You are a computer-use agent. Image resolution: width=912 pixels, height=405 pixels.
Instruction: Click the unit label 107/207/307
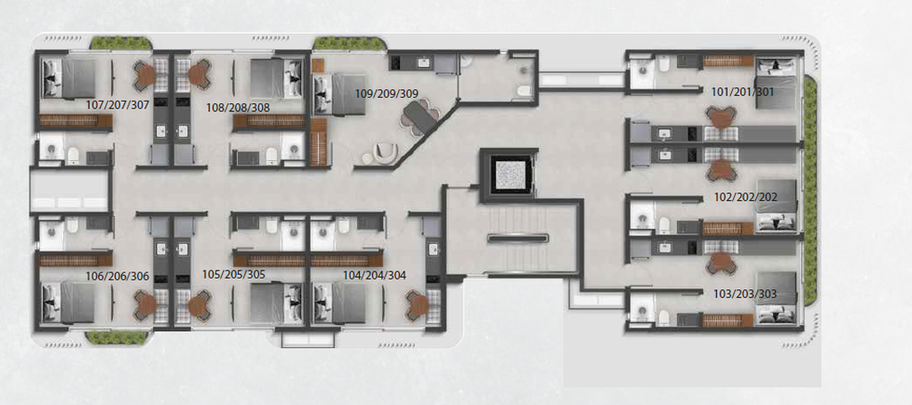coord(118,105)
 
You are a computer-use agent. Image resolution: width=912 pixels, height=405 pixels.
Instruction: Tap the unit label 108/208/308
coord(239,108)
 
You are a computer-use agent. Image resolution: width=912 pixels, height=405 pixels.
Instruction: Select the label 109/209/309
coord(387,93)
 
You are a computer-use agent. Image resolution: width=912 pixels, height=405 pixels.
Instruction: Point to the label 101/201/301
coord(744,92)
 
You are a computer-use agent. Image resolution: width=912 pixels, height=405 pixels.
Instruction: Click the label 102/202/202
coord(745,198)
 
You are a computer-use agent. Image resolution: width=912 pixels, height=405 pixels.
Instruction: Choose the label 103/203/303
coord(745,294)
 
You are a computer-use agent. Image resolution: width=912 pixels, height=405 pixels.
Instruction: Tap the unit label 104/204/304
coord(375,275)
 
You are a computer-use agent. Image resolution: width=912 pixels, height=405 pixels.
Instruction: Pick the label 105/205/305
coord(234,274)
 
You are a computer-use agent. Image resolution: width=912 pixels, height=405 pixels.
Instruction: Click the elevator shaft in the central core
coord(509,175)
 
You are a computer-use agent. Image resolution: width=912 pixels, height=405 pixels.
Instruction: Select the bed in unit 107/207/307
coord(69,77)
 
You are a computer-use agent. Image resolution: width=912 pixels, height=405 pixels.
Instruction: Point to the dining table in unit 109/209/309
coord(420,115)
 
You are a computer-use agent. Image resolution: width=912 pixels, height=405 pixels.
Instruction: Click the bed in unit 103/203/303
coord(776,296)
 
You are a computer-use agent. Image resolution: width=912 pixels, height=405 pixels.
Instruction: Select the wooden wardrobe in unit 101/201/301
coord(728,61)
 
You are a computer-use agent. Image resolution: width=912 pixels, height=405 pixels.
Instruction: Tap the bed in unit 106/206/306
coord(69,302)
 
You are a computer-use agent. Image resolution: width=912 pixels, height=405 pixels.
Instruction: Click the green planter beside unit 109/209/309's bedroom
coord(349,44)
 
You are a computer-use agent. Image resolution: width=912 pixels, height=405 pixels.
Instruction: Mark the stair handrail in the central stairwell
coord(518,238)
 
